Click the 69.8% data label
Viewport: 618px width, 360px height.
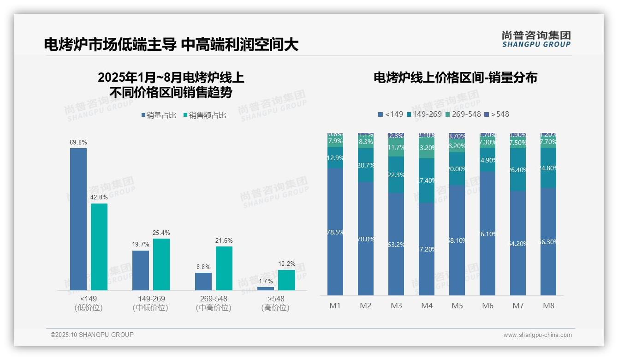pos(78,142)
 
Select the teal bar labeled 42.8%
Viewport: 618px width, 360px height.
pos(99,246)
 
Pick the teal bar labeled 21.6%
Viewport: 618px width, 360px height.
pos(224,268)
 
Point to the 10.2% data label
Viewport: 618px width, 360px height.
pos(286,264)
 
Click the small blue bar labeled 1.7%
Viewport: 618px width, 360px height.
pos(266,288)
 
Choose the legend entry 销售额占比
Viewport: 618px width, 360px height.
pos(204,115)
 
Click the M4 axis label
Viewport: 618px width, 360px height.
pos(427,306)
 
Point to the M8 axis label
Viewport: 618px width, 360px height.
pos(548,306)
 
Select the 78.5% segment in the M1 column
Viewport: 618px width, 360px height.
pos(335,232)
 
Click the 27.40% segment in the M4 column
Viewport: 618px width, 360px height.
pos(427,180)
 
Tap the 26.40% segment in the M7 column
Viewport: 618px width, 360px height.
pos(518,170)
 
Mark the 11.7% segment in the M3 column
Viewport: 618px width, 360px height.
pos(396,148)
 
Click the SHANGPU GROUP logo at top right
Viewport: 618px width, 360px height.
pos(536,39)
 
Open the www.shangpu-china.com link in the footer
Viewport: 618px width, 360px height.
pos(537,335)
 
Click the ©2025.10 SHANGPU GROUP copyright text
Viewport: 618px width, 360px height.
pos(92,335)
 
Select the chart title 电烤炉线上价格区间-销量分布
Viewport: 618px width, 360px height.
pos(455,78)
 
